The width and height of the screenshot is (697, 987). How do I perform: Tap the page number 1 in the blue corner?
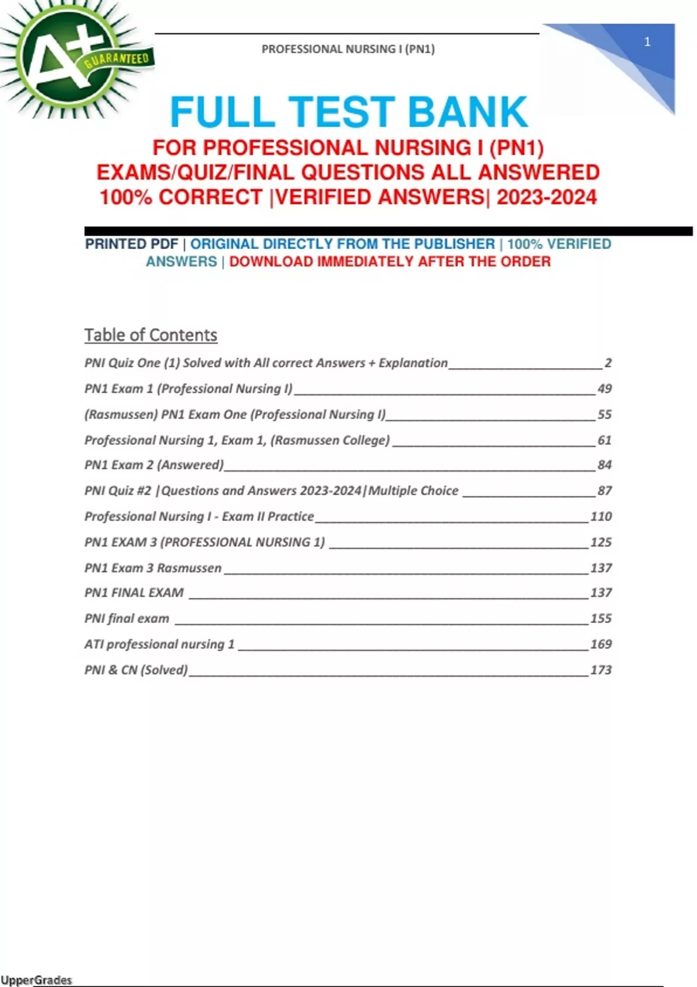click(x=647, y=42)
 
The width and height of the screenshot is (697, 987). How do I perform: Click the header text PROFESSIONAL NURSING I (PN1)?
click(x=348, y=49)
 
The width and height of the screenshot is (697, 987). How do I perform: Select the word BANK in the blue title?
click(x=468, y=112)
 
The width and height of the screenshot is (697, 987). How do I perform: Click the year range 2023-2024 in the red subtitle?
click(x=547, y=197)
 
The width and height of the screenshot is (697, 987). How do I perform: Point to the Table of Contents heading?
click(x=150, y=335)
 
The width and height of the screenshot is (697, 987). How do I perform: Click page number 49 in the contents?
click(x=604, y=388)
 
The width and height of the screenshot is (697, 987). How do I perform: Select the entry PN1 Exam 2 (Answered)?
click(x=154, y=465)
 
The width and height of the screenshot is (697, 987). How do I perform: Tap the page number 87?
click(x=604, y=491)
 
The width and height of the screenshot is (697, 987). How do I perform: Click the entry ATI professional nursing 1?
click(x=159, y=644)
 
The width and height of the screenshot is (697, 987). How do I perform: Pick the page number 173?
click(x=601, y=670)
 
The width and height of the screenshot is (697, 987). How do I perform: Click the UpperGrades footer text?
click(x=37, y=980)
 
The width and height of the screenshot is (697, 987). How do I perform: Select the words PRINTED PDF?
click(x=131, y=244)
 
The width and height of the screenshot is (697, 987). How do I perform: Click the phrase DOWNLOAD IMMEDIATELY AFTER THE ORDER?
click(x=390, y=262)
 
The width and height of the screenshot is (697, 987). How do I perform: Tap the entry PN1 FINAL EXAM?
click(x=134, y=593)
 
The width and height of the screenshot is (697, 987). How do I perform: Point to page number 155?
click(x=601, y=618)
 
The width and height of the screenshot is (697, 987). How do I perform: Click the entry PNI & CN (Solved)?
click(x=136, y=670)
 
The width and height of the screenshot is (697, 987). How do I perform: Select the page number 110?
click(x=601, y=516)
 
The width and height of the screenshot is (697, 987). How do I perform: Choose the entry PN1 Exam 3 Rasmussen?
click(x=153, y=568)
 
